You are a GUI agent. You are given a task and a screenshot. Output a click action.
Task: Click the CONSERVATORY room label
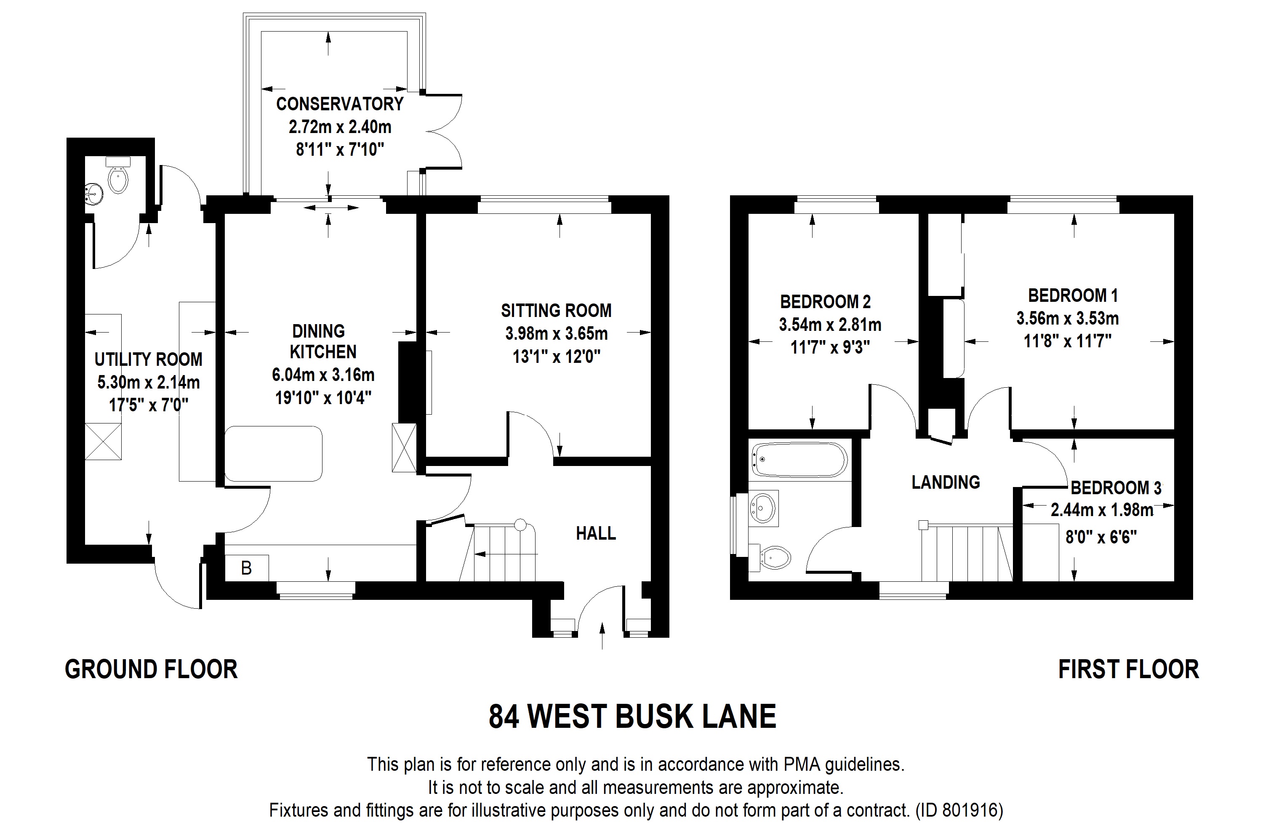[340, 104]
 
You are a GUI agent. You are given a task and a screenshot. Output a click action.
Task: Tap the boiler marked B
[247, 568]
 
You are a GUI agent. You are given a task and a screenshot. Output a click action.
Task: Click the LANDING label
[946, 482]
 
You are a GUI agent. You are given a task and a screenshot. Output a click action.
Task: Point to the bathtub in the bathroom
[798, 460]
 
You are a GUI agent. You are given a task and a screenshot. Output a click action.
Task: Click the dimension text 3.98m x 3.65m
[556, 334]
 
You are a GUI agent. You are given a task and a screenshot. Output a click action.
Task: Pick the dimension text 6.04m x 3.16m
[323, 375]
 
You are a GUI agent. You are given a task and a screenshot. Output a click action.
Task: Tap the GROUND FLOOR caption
[151, 669]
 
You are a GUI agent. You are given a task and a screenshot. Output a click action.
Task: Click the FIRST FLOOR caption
[1128, 669]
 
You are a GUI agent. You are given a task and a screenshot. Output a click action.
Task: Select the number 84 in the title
[504, 716]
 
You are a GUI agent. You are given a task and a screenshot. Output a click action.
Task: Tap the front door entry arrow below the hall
[602, 636]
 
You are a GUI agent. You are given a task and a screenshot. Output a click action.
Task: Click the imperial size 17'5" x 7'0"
[149, 405]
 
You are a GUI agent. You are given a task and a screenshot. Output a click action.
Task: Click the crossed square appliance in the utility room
[103, 441]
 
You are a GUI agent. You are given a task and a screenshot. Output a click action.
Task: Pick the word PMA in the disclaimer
[801, 764]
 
